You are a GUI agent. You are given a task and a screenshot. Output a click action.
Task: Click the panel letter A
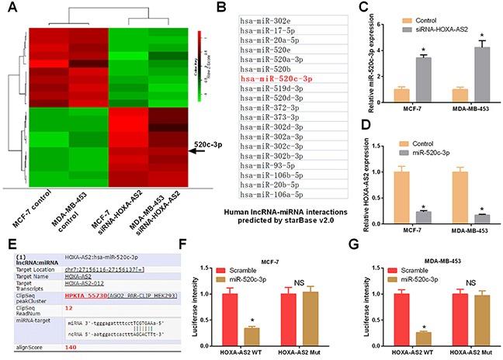pyautogui.click(x=9, y=9)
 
